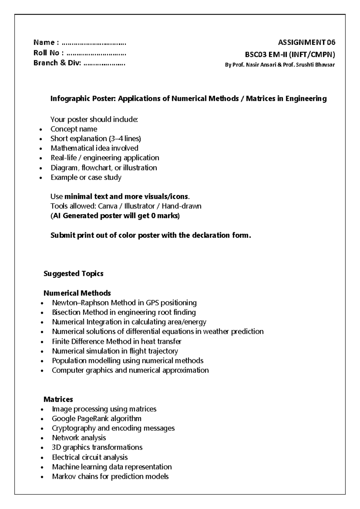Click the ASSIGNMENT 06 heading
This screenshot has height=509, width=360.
pos(306,42)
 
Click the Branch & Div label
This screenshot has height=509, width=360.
pos(57,63)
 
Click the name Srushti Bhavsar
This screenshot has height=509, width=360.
pos(315,65)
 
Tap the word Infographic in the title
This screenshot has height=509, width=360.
pos(67,99)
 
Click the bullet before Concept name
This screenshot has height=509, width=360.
pos(41,130)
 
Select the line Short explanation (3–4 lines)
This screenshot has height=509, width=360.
pos(96,139)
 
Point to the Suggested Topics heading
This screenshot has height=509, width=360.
pos(73,274)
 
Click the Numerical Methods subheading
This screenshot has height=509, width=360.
pos(77,293)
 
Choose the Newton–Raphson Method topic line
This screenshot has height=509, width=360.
pos(124,303)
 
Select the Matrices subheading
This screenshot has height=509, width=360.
pos(58,399)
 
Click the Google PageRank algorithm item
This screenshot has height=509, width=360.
pos(96,419)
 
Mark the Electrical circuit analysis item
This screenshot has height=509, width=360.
pos(90,457)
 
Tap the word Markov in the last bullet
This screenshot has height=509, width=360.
pos(62,477)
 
